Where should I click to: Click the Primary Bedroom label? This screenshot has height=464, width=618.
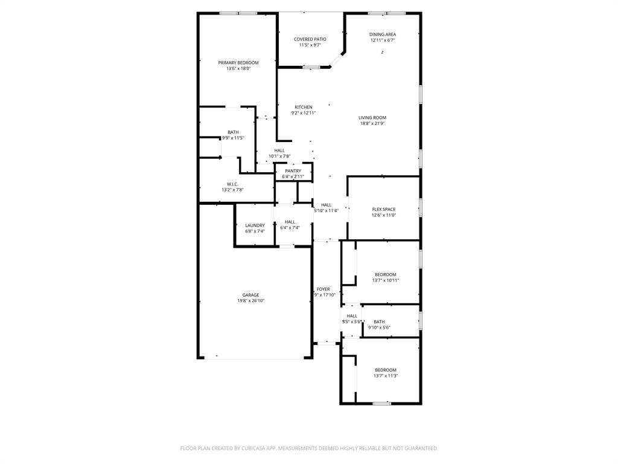(238, 63)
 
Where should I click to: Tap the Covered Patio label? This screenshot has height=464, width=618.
(310, 39)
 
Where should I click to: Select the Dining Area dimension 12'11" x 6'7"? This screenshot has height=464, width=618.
(383, 40)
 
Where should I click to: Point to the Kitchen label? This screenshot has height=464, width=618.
(304, 107)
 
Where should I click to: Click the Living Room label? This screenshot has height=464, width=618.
(372, 118)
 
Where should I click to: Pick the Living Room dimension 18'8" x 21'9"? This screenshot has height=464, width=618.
(372, 123)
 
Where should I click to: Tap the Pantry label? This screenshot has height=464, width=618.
(293, 171)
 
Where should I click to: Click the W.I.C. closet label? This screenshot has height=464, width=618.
(232, 184)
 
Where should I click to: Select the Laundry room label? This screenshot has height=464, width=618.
(255, 225)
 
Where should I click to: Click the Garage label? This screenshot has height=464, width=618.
(250, 295)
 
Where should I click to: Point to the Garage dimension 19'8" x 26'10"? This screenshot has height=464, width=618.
(250, 300)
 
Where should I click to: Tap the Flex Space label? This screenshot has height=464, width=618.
(384, 210)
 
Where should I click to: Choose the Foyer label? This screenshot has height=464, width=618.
(323, 289)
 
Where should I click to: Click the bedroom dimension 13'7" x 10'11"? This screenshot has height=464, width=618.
(386, 280)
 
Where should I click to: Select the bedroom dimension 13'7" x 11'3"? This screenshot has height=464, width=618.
(386, 376)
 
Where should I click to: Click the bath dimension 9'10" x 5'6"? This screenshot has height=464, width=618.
(379, 327)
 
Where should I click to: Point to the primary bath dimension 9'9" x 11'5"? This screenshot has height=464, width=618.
(233, 138)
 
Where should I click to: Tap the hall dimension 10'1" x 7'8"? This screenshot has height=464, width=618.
(279, 156)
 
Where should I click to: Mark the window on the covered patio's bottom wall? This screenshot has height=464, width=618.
(311, 67)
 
